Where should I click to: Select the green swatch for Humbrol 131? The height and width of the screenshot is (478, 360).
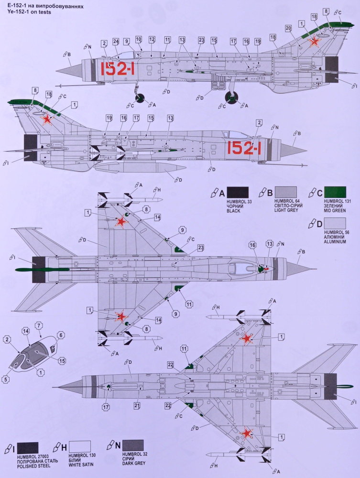[335, 192]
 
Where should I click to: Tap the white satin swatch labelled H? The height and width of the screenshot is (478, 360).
[80, 446]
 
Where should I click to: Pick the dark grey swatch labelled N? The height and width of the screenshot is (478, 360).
[133, 445]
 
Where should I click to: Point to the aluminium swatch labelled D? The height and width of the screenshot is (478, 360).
[335, 223]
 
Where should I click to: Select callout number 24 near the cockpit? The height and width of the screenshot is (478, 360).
[116, 42]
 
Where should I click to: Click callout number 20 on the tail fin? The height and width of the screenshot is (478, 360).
[288, 28]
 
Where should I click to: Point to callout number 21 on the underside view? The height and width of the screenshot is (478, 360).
[137, 405]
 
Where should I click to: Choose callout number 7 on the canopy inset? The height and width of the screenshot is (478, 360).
[39, 326]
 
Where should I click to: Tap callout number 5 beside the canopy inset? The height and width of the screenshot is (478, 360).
[6, 380]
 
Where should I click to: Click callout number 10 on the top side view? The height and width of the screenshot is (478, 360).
[138, 39]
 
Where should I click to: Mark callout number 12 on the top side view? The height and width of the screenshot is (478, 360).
[152, 39]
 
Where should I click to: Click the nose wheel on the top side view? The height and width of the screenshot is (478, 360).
[140, 98]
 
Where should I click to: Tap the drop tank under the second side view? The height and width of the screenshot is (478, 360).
[140, 168]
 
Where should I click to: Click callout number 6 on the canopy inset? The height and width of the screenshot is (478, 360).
[61, 336]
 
